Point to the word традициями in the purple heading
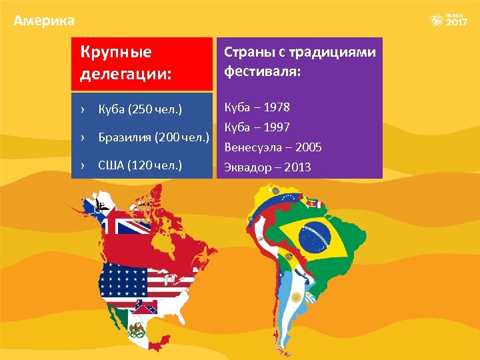pos(339,52)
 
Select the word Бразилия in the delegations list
pos(125,138)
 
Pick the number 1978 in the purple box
pos(277,107)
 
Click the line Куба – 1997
pos(257,127)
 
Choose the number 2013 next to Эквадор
pos(297,167)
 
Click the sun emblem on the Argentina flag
pos(295,296)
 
